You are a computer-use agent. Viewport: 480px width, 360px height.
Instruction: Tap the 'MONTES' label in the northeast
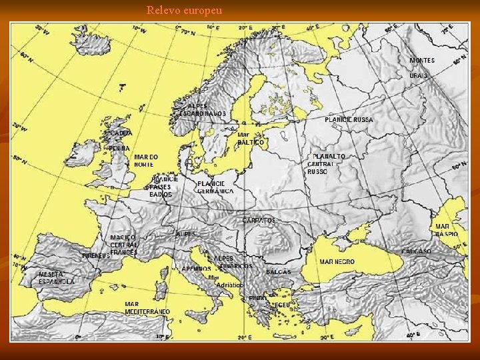click(x=422, y=61)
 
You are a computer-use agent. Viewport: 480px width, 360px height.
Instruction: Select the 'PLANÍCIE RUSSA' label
click(x=349, y=120)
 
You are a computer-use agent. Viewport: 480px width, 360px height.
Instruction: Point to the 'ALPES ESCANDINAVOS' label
click(x=203, y=110)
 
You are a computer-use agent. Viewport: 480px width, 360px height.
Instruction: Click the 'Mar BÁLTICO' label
click(x=250, y=139)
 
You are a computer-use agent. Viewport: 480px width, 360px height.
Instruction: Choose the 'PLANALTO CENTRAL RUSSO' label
click(x=327, y=164)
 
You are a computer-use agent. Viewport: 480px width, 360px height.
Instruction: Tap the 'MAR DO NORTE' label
click(x=146, y=161)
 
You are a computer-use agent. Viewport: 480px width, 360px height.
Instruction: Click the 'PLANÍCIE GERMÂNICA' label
click(x=215, y=187)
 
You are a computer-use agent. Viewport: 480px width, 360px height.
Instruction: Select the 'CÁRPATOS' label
click(x=259, y=221)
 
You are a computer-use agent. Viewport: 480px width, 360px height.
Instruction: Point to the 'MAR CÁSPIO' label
click(x=446, y=231)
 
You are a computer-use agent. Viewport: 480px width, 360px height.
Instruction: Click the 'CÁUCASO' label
click(x=416, y=252)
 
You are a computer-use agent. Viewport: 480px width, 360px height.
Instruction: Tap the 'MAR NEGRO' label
click(x=337, y=262)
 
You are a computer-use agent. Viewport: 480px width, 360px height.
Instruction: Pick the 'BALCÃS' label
click(x=279, y=272)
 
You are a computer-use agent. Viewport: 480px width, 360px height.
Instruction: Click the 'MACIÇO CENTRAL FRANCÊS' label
click(x=124, y=245)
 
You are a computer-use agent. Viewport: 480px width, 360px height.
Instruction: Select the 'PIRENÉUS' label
click(x=95, y=255)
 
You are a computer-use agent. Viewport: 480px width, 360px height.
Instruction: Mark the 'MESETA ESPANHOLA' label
click(x=57, y=278)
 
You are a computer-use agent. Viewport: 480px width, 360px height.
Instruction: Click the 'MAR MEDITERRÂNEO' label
click(x=147, y=308)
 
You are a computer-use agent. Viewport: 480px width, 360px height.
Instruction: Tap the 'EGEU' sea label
click(x=283, y=305)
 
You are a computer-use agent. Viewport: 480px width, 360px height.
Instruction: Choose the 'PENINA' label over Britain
click(x=119, y=147)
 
